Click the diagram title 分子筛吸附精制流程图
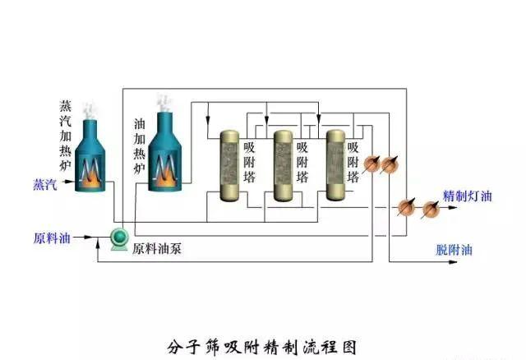pos(261,345)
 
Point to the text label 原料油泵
pos(157,247)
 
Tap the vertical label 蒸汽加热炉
pos(66,136)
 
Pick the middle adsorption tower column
pos(283,164)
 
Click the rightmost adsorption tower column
pos(335,164)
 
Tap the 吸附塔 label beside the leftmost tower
pos(250,163)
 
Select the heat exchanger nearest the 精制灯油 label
pos(429,209)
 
